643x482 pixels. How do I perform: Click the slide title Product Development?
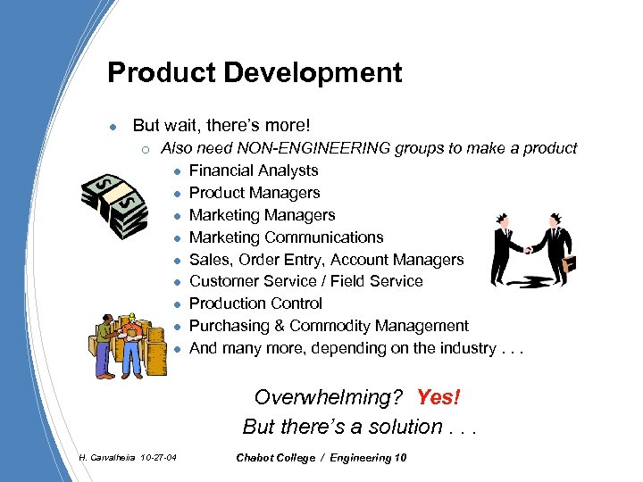point(255,72)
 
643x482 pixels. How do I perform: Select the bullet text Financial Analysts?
point(254,170)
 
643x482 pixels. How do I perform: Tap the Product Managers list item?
point(255,193)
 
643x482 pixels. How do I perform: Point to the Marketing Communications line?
point(286,237)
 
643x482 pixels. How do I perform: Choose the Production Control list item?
point(255,303)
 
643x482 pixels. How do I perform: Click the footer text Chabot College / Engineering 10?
point(321,458)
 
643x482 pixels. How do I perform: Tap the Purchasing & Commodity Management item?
point(329,326)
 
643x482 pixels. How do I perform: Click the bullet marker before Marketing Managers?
point(179,215)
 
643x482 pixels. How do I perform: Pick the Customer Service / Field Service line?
point(306,281)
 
